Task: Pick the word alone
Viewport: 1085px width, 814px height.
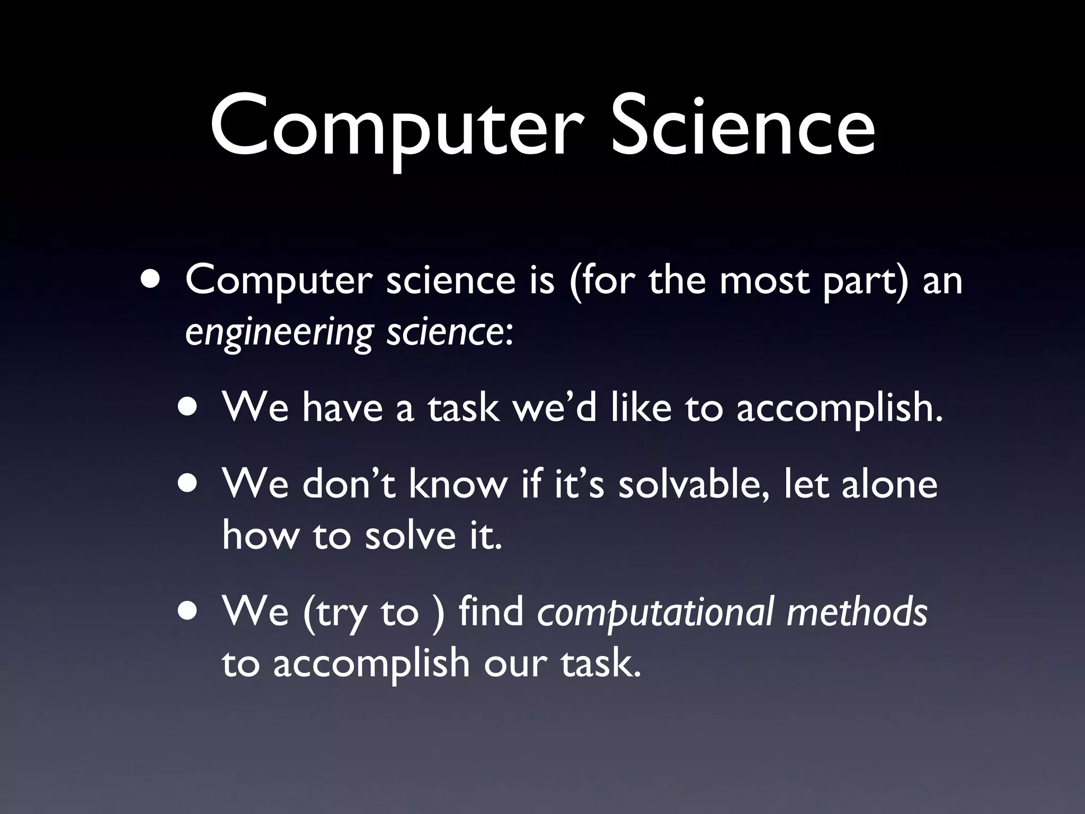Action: (x=890, y=484)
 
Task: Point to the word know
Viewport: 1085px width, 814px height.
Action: (x=458, y=484)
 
